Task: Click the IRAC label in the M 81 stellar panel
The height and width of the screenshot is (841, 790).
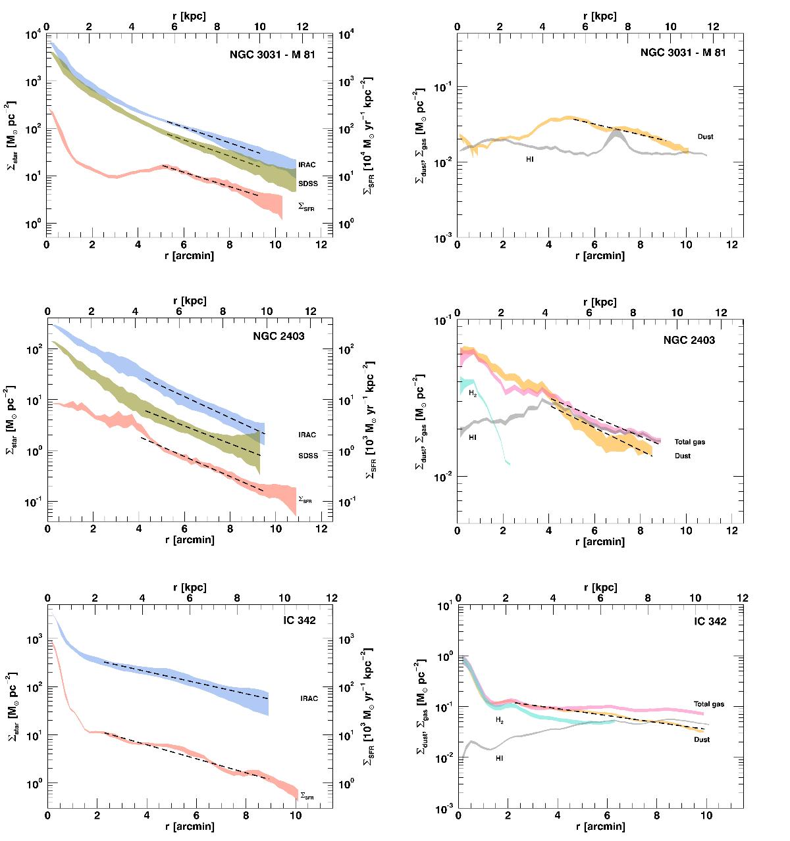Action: [x=307, y=164]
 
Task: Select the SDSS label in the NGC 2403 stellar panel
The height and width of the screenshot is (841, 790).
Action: [x=307, y=454]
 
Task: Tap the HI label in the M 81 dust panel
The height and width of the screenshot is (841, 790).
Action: [x=529, y=160]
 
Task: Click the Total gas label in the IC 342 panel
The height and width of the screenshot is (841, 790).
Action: [x=708, y=704]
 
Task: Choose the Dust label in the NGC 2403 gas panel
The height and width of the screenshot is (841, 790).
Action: [x=683, y=456]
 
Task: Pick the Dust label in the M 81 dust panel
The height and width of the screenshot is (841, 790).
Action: [x=705, y=137]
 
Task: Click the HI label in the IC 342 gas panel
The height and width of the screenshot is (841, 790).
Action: [x=500, y=758]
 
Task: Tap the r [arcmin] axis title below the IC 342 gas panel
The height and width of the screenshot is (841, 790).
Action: [x=600, y=827]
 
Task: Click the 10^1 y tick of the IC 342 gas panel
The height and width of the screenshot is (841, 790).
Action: [x=444, y=606]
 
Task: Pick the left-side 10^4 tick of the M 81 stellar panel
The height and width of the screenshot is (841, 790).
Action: [x=33, y=35]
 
